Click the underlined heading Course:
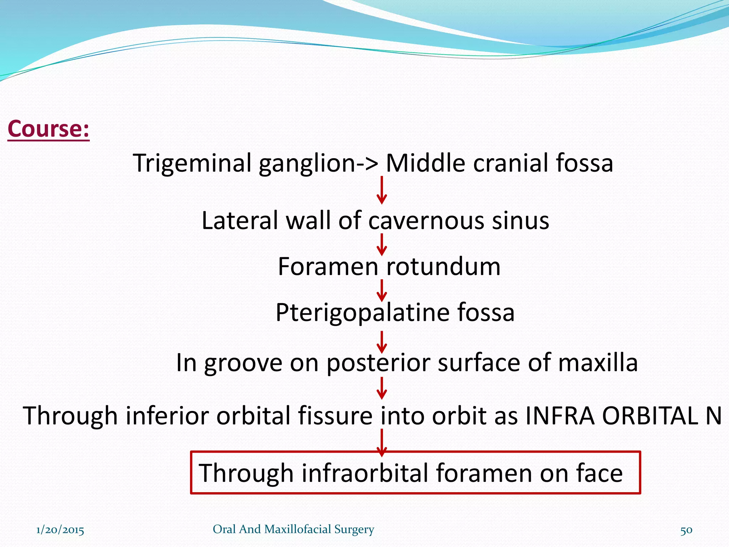[x=48, y=129]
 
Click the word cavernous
[x=426, y=220]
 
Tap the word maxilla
[x=598, y=363]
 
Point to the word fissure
[x=335, y=416]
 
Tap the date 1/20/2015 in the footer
[x=60, y=530]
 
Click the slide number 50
[x=686, y=530]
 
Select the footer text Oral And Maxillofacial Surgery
[x=293, y=529]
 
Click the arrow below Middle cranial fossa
[x=382, y=190]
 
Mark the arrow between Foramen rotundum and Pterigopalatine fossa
[x=382, y=291]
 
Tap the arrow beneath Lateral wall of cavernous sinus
[x=382, y=245]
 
